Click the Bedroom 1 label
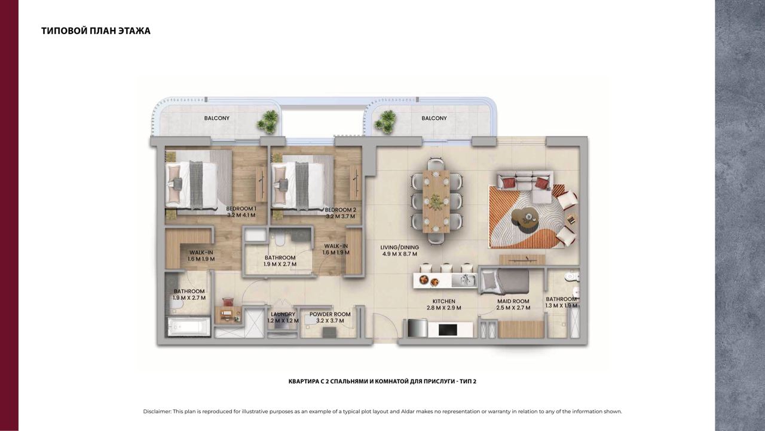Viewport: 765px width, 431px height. [x=241, y=209]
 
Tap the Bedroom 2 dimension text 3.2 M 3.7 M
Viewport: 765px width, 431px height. [x=340, y=216]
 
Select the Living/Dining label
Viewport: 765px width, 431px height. [x=400, y=247]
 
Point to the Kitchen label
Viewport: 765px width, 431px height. [x=443, y=301]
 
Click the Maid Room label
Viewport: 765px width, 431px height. [x=513, y=301]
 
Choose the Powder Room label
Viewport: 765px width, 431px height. [x=330, y=314]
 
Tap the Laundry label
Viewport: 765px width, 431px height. [x=283, y=314]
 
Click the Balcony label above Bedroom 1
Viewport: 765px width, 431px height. [x=217, y=118]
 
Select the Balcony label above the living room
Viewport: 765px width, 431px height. [x=434, y=118]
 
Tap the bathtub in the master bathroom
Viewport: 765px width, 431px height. [x=188, y=327]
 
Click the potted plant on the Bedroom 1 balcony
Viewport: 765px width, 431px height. [x=268, y=122]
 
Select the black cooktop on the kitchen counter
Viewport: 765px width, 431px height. [x=448, y=330]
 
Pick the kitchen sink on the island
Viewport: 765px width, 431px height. [x=464, y=281]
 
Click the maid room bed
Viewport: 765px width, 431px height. [x=505, y=281]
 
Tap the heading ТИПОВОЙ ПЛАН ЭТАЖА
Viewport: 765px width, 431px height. [x=96, y=31]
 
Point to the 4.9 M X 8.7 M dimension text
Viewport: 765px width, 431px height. [x=400, y=254]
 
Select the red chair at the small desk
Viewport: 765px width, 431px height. [x=228, y=302]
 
